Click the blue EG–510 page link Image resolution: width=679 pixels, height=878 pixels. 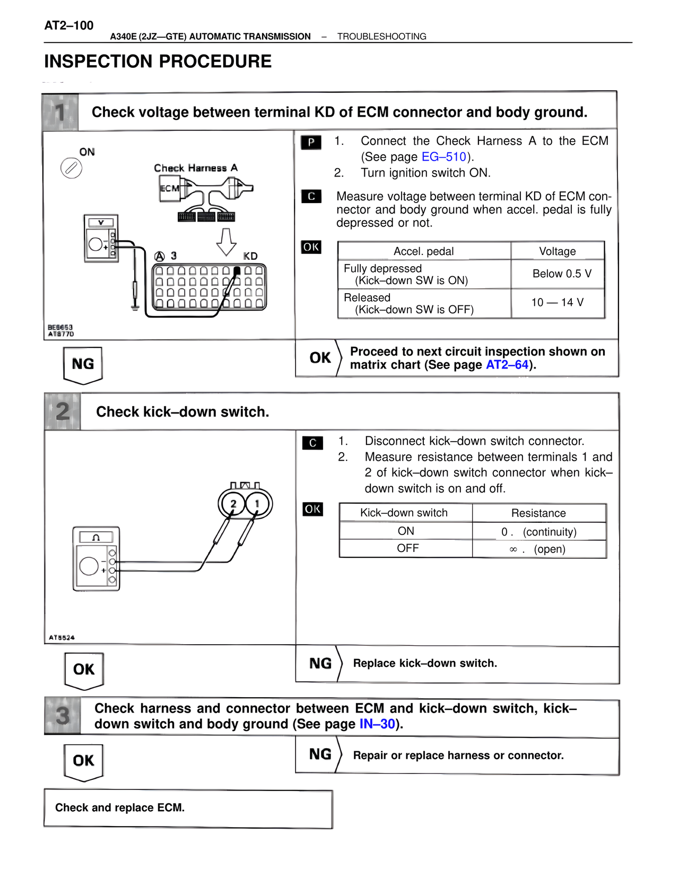443,157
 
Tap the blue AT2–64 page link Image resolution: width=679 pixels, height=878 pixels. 507,365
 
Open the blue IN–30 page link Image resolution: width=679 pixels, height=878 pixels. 377,724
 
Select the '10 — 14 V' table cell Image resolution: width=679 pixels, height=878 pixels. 557,302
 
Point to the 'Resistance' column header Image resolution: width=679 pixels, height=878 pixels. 538,513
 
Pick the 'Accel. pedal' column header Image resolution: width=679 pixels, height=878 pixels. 423,251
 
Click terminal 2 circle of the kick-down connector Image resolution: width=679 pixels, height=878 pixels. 232,503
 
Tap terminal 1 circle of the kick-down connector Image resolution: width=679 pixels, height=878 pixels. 258,503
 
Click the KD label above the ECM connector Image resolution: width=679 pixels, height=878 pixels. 250,256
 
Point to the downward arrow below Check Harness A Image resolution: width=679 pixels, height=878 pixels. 227,242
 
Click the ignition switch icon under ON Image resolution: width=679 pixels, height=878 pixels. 71,169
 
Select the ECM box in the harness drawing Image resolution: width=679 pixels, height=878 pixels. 170,189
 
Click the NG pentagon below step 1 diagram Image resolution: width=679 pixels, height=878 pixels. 83,365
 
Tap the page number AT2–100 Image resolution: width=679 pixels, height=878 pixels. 69,25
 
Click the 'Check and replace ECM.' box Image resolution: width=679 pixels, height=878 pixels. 188,808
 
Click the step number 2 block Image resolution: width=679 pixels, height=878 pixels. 63,411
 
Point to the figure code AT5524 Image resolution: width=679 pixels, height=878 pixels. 62,637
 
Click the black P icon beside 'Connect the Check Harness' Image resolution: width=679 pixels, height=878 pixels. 311,142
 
